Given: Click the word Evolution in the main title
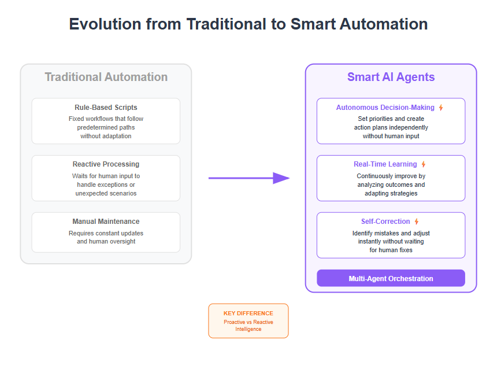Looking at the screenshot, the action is (x=105, y=24).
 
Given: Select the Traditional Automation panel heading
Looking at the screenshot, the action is (x=106, y=77).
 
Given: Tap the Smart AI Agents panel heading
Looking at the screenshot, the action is (x=391, y=77).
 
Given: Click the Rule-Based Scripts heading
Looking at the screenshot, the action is (x=106, y=108).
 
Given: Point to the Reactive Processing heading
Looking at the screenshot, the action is (x=106, y=164).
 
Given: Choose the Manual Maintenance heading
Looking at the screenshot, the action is (x=106, y=222).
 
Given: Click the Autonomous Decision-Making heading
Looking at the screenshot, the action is (x=385, y=108).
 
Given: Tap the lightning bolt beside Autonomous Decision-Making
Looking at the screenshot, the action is (x=441, y=108).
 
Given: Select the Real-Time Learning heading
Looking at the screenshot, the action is (x=385, y=164).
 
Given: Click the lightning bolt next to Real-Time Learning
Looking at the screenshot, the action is (x=424, y=164).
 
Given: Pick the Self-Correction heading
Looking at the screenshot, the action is (x=385, y=222).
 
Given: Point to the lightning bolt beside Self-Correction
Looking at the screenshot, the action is (x=416, y=222).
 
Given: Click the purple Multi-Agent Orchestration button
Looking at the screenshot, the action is (x=391, y=278).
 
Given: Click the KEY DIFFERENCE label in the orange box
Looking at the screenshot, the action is (x=248, y=314).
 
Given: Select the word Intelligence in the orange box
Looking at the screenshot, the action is (x=248, y=329).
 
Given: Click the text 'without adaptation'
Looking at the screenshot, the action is (x=106, y=137).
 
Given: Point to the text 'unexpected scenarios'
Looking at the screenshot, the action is (x=106, y=194).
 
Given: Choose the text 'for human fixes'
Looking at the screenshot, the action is (x=391, y=250).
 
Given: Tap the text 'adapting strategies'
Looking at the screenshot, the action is (x=391, y=194).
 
